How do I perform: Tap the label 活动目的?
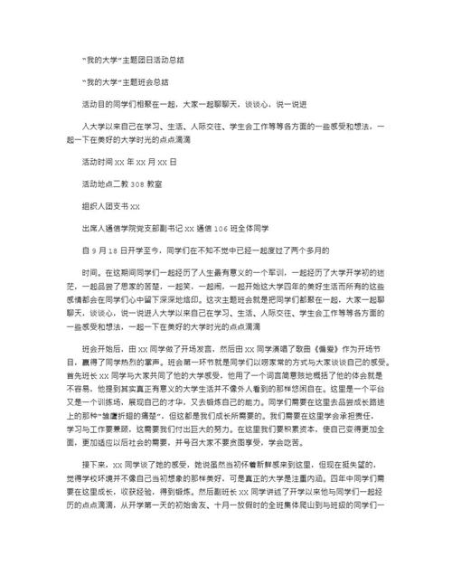(99, 103)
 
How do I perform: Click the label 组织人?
(95, 204)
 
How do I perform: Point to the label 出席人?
(95, 227)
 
